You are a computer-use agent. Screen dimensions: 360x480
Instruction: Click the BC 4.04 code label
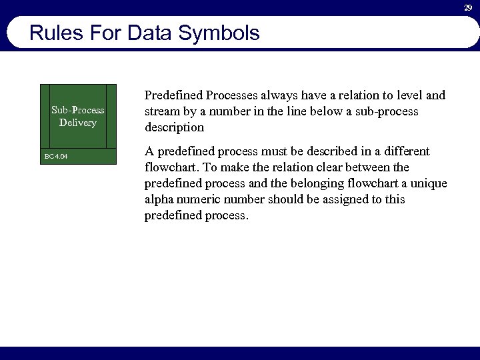coord(56,157)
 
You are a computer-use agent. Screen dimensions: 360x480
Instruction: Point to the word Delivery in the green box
coord(78,123)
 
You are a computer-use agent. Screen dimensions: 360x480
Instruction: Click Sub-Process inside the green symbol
coord(78,110)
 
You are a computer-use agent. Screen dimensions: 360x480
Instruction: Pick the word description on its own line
coord(174,127)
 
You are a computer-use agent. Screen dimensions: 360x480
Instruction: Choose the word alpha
coord(159,199)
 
